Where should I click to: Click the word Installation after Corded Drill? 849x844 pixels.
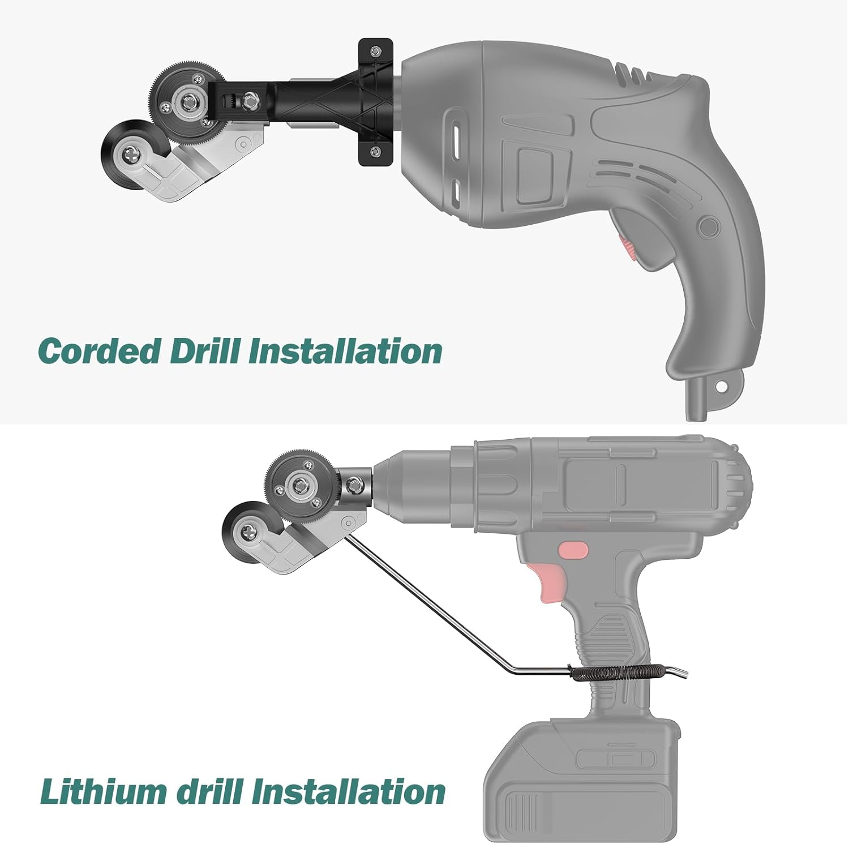tap(345, 351)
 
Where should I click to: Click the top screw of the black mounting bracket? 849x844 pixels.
tap(375, 53)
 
